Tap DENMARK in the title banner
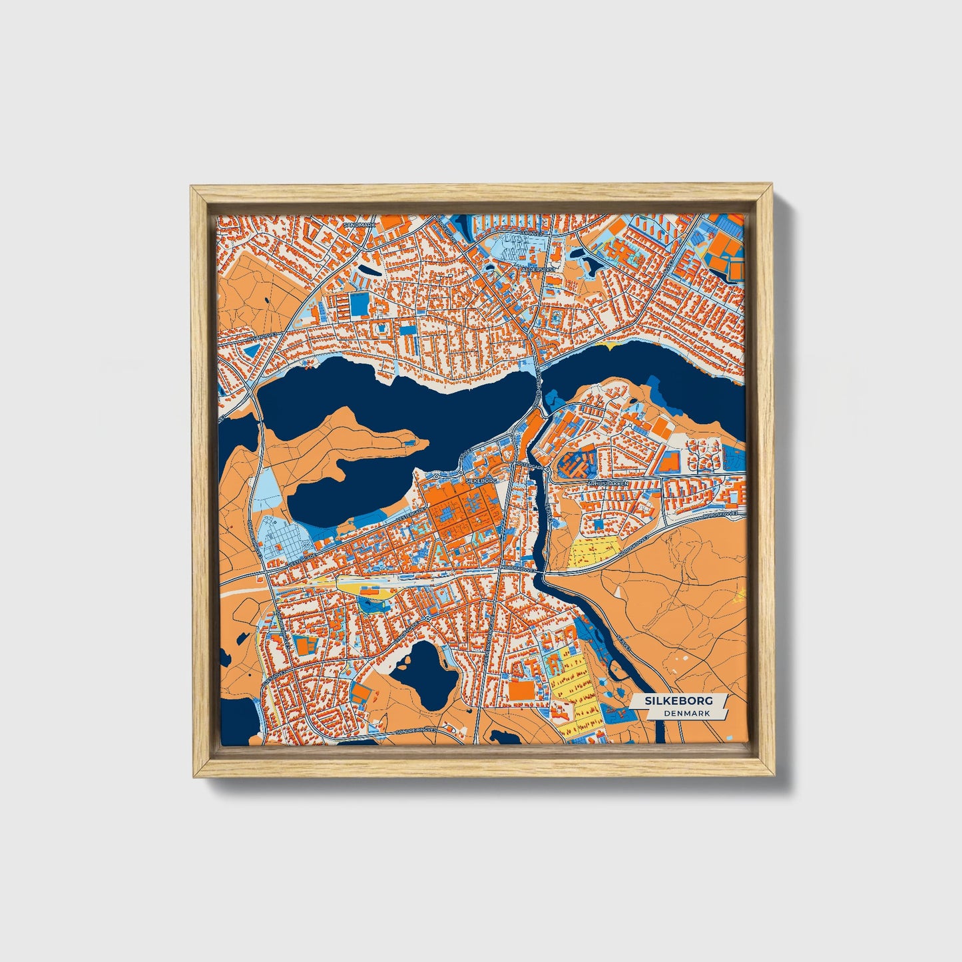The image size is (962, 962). (686, 713)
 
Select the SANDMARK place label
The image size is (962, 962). (360, 225)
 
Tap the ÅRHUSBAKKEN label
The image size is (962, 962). (606, 483)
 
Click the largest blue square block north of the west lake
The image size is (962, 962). (359, 304)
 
